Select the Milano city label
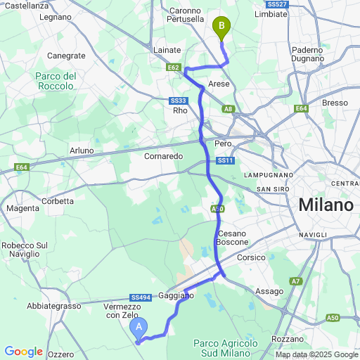[325, 205]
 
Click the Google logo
[23, 352]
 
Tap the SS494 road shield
[139, 297]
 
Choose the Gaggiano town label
[176, 296]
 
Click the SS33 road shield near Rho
[177, 100]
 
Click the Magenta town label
[22, 208]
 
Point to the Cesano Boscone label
[233, 237]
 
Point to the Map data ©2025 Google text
[316, 354]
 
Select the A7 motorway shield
[296, 281]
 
